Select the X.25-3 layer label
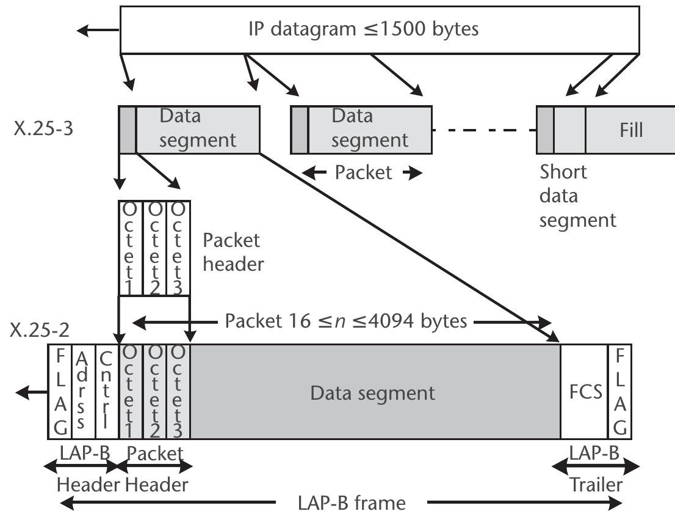pyautogui.click(x=43, y=130)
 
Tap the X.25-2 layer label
pyautogui.click(x=39, y=330)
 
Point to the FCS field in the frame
pyautogui.click(x=583, y=392)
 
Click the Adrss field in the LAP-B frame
pyautogui.click(x=84, y=392)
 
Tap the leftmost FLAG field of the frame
pyautogui.click(x=60, y=392)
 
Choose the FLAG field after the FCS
pyautogui.click(x=619, y=392)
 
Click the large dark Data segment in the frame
pyautogui.click(x=374, y=392)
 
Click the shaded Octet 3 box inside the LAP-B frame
pyautogui.click(x=178, y=392)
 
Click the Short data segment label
pyautogui.click(x=577, y=196)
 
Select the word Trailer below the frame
pyautogui.click(x=596, y=485)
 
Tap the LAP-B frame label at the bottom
pyautogui.click(x=351, y=503)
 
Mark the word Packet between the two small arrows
pyautogui.click(x=363, y=173)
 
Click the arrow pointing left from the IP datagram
pyautogui.click(x=98, y=29)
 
